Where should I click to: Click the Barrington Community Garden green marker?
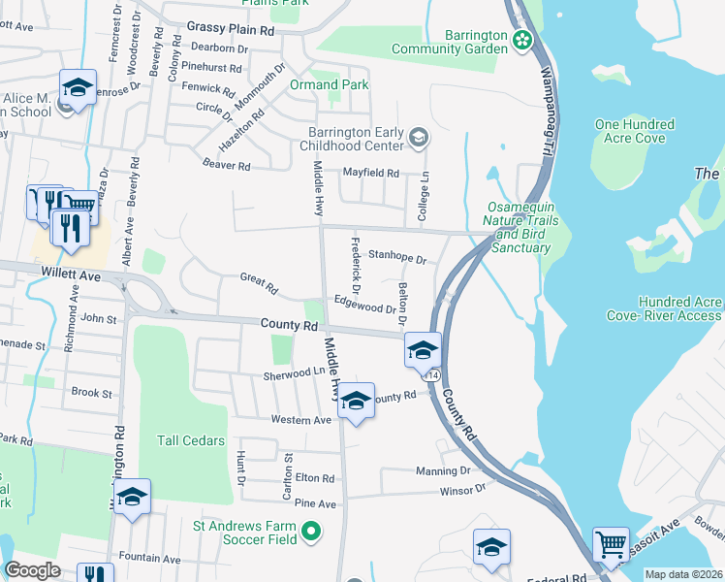pyautogui.click(x=523, y=41)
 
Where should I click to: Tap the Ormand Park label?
pyautogui.click(x=330, y=85)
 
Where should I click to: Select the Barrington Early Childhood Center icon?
pyautogui.click(x=418, y=137)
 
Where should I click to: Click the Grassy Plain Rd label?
pyautogui.click(x=231, y=30)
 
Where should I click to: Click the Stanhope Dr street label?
pyautogui.click(x=404, y=260)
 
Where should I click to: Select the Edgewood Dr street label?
pyautogui.click(x=365, y=306)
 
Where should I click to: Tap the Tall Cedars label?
pyautogui.click(x=191, y=440)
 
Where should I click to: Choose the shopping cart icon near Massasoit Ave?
pyautogui.click(x=611, y=546)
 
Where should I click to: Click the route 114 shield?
pyautogui.click(x=433, y=374)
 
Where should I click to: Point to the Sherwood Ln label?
pyautogui.click(x=294, y=373)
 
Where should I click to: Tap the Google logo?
pyautogui.click(x=32, y=570)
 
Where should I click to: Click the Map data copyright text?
pyautogui.click(x=682, y=574)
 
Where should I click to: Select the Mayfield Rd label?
pyautogui.click(x=371, y=173)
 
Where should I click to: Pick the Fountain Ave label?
pyautogui.click(x=149, y=559)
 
